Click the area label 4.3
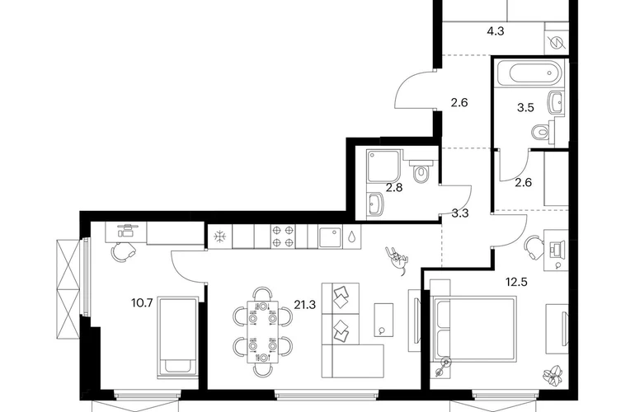click(x=495, y=30)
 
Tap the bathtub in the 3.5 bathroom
click(x=530, y=73)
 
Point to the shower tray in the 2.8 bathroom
click(x=384, y=166)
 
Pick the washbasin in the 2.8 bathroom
click(x=377, y=204)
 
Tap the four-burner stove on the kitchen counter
click(x=283, y=236)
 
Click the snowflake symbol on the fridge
click(x=219, y=236)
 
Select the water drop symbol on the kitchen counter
click(x=351, y=236)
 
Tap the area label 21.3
click(x=304, y=305)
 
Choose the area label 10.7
click(x=142, y=302)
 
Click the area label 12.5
click(x=517, y=282)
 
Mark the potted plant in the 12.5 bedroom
click(x=553, y=375)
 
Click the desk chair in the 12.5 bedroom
click(x=534, y=248)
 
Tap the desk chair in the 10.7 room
click(x=123, y=252)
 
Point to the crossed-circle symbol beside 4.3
click(x=557, y=43)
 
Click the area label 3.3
click(x=460, y=213)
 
